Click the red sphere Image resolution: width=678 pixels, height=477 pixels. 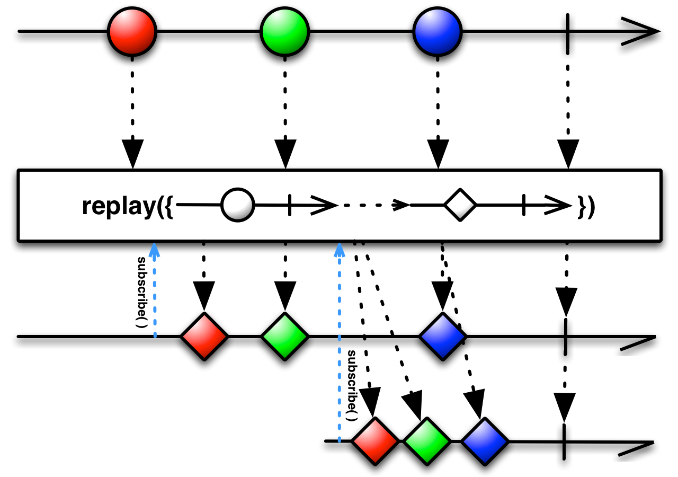pyautogui.click(x=132, y=31)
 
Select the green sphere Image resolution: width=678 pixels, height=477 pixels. pyautogui.click(x=284, y=31)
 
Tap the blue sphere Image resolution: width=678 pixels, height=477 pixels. pyautogui.click(x=437, y=31)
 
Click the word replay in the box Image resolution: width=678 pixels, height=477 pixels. pyautogui.click(x=119, y=206)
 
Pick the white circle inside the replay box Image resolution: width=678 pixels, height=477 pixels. pyautogui.click(x=237, y=205)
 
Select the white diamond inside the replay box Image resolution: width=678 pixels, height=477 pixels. pyautogui.click(x=460, y=205)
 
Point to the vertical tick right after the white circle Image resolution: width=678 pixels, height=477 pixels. pyautogui.click(x=289, y=205)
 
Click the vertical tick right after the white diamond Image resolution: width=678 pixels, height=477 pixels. pyautogui.click(x=523, y=205)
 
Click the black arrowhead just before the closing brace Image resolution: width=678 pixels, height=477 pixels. pyautogui.click(x=558, y=205)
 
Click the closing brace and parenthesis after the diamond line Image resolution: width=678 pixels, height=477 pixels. pyautogui.click(x=587, y=206)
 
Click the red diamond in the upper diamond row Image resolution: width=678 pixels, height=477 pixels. pyautogui.click(x=204, y=337)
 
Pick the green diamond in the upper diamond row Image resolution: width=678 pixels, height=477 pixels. pyautogui.click(x=284, y=337)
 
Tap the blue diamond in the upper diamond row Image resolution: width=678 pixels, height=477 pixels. pyautogui.click(x=442, y=337)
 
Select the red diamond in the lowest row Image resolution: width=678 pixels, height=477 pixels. pyautogui.click(x=375, y=441)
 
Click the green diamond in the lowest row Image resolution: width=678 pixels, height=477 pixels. pyautogui.click(x=427, y=441)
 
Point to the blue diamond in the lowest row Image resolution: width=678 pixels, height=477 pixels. pyautogui.click(x=485, y=441)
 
